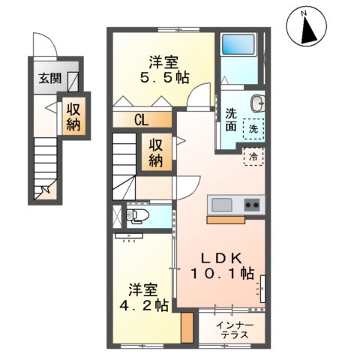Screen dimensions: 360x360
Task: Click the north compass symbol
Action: coord(307,28)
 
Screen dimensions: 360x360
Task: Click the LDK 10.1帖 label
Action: coord(223,265)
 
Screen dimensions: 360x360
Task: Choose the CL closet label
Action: coord(142,118)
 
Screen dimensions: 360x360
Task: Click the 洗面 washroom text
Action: coord(232,121)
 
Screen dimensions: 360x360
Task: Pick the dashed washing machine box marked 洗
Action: coord(255,128)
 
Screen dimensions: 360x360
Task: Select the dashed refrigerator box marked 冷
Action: coord(253,157)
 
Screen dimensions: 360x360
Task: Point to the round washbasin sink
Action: coord(256,103)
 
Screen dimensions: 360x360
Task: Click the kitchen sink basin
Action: coord(223,205)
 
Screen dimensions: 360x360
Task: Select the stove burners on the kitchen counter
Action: coord(250,205)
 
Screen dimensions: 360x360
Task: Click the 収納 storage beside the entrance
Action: coord(73,116)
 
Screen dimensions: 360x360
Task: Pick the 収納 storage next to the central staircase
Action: coord(156,153)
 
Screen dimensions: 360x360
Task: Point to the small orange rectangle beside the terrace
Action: coord(187,327)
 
